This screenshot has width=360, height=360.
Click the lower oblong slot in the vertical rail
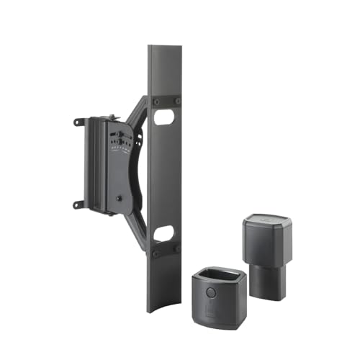pos(164,233)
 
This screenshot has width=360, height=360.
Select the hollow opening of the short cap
pos(215,275)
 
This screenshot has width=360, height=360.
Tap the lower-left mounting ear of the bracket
pos(77,204)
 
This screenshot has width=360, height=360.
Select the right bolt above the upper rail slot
pos(176,102)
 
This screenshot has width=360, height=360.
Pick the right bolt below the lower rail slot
pos(176,249)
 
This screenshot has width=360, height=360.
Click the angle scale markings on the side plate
pos(121,144)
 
